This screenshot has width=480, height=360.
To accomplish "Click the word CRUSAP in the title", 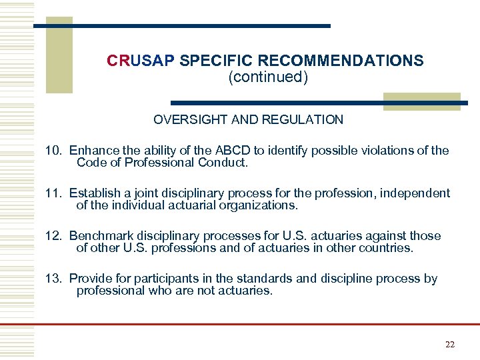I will click(x=140, y=61).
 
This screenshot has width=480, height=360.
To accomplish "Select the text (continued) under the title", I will click(x=268, y=77).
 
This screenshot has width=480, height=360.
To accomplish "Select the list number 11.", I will click(x=53, y=193).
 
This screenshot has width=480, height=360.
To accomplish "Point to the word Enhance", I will click(x=93, y=151).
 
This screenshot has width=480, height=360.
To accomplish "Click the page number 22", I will click(x=449, y=344).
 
